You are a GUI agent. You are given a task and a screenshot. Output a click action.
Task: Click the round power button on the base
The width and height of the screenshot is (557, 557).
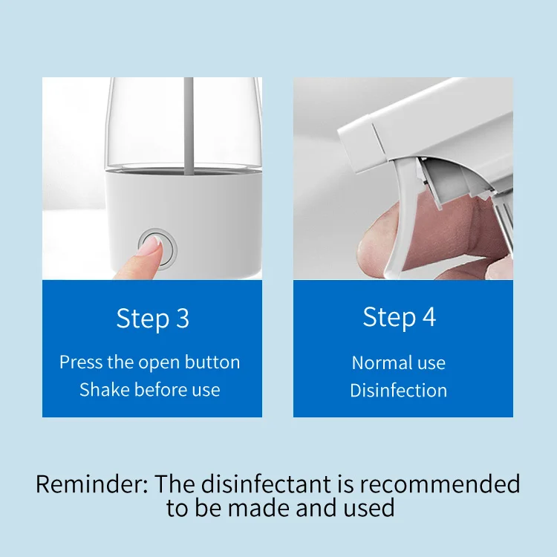tap(157, 249)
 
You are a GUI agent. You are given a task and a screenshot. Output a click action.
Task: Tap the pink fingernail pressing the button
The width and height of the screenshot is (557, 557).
tap(149, 246)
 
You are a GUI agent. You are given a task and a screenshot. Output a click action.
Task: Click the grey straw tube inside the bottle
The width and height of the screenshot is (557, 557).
tap(189, 126)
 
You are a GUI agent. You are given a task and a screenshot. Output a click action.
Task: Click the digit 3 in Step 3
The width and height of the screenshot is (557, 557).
tap(183, 319)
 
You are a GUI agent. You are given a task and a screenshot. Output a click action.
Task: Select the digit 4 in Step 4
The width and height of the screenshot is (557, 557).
tap(429, 316)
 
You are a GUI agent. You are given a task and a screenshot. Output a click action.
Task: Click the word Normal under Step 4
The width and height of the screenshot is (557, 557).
tap(377, 362)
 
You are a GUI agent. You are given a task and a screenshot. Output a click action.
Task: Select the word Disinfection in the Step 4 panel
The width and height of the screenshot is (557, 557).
tap(399, 390)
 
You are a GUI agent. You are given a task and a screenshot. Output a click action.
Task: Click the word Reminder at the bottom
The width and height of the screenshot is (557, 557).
tap(91, 483)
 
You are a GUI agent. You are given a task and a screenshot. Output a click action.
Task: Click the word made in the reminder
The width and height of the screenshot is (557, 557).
tap(258, 508)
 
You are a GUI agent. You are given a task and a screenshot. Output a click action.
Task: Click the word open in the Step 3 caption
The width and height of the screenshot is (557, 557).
tap(159, 363)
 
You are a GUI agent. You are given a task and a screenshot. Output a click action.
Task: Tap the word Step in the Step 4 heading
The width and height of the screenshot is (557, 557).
tap(389, 317)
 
